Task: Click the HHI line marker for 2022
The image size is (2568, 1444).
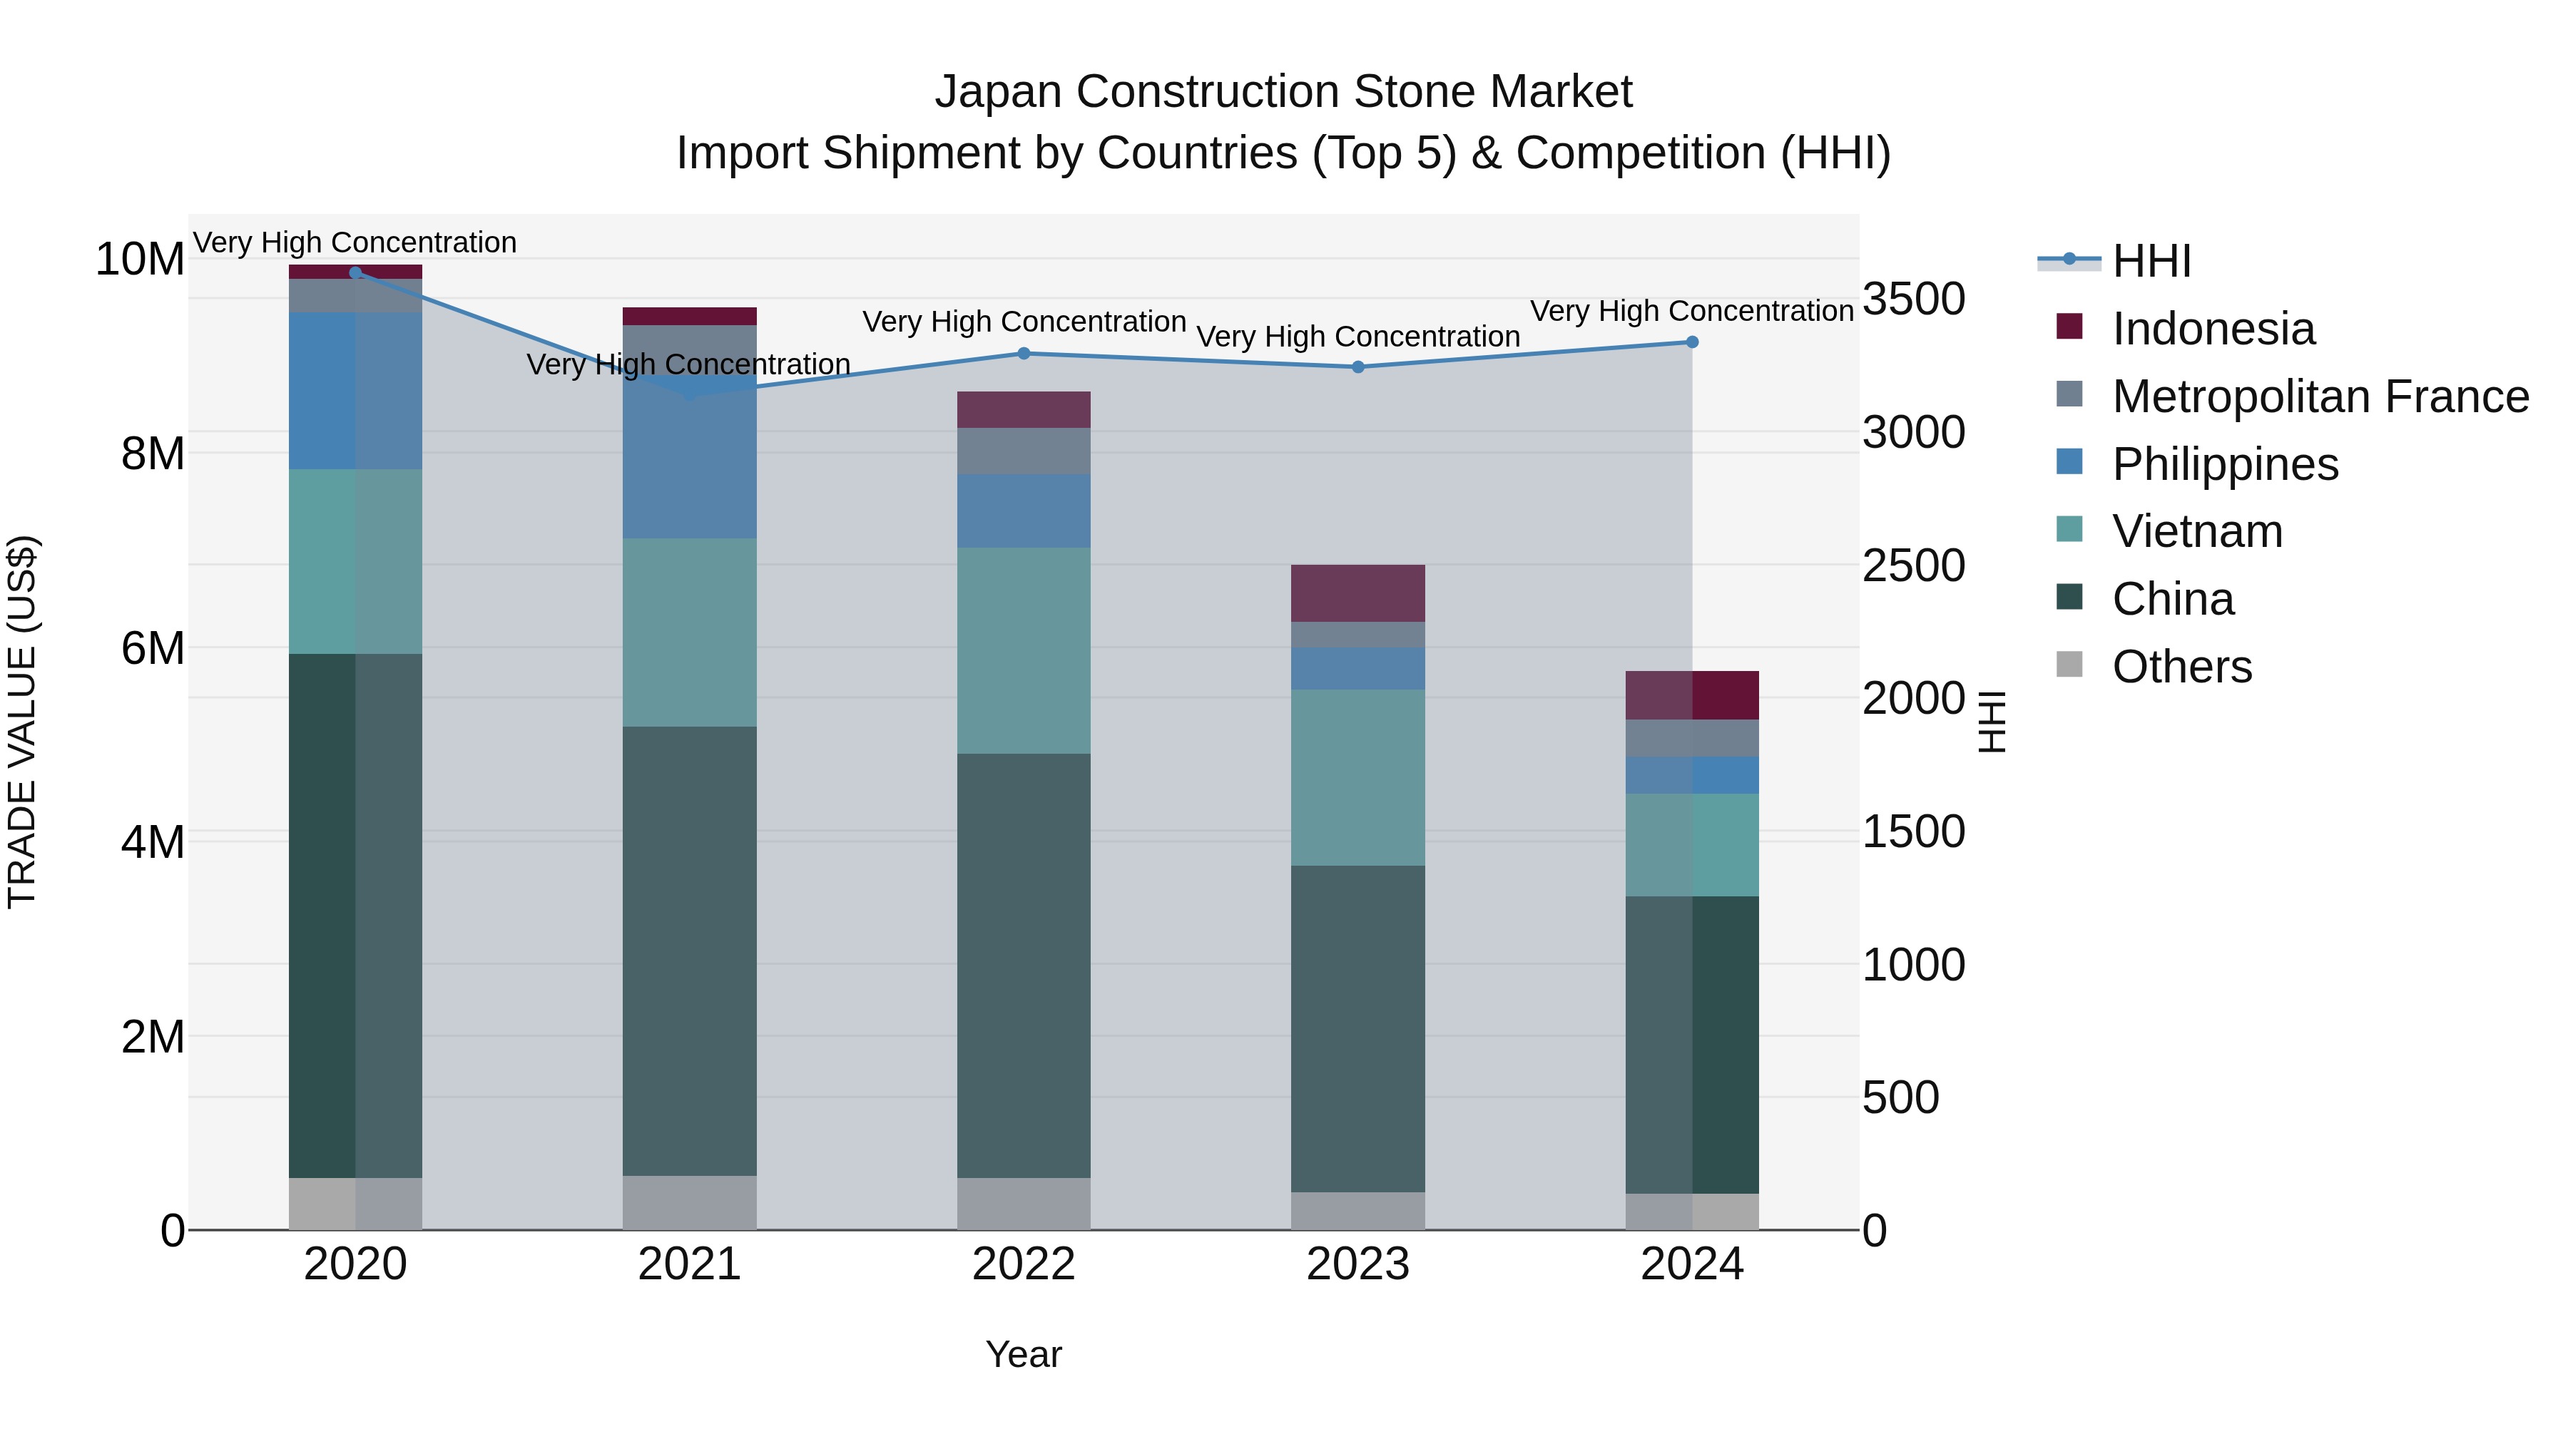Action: (x=1023, y=353)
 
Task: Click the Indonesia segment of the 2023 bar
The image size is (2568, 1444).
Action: (x=1357, y=593)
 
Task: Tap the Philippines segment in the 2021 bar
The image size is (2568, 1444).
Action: (x=689, y=459)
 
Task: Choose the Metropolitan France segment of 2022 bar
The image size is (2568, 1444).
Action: (x=1023, y=451)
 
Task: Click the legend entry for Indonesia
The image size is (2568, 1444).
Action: (x=2212, y=329)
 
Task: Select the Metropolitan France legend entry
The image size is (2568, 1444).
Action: (x=2320, y=396)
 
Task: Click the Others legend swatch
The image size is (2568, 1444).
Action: (x=2069, y=665)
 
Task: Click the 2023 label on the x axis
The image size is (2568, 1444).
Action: (x=1357, y=1264)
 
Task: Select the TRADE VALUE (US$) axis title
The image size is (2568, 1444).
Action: (x=22, y=722)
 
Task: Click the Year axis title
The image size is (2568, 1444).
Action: (x=1023, y=1354)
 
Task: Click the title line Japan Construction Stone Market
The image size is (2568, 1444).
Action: (x=1283, y=92)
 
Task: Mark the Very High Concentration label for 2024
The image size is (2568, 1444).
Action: (x=1692, y=311)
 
